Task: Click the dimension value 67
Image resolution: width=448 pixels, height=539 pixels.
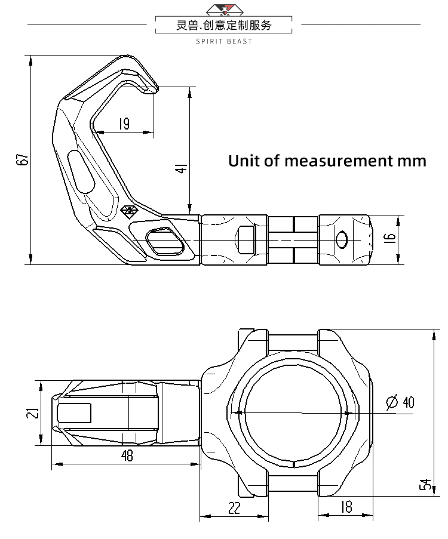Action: (23, 160)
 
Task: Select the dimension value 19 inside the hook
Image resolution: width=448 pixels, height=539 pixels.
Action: (124, 124)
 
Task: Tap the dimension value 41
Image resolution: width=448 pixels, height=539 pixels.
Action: (183, 168)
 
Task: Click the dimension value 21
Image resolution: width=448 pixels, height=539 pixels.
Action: (34, 412)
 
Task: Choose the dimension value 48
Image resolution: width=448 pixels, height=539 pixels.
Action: (127, 456)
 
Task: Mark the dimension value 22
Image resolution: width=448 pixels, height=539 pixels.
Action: (234, 508)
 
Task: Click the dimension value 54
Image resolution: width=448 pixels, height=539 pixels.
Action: (425, 485)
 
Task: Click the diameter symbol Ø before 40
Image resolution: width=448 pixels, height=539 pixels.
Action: (392, 402)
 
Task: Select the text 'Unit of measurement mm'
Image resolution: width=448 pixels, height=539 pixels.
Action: (327, 161)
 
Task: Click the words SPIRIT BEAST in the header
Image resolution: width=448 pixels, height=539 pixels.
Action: (224, 41)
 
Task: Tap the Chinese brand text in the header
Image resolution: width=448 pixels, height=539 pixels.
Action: (224, 25)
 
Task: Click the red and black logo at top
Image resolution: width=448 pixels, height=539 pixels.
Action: (224, 9)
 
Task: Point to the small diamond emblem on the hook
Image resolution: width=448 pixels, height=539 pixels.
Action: (128, 212)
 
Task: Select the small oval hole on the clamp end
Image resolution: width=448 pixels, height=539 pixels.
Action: (342, 239)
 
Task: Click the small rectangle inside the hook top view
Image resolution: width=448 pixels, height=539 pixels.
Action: (74, 412)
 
